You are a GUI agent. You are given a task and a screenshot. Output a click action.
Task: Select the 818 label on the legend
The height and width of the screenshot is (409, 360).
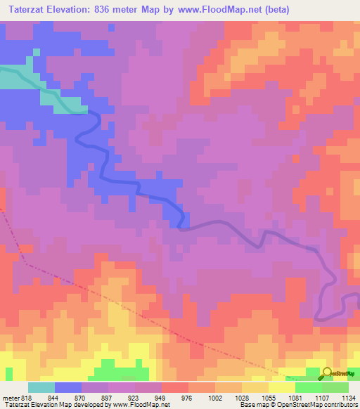pyautogui.click(x=27, y=398)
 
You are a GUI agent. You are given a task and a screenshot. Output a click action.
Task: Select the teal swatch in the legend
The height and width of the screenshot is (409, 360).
pyautogui.click(x=41, y=387)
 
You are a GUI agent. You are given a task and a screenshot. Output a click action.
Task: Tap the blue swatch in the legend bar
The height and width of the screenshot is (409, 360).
pyautogui.click(x=67, y=387)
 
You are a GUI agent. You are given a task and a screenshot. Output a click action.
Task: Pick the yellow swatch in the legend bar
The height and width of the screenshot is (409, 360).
pyautogui.click(x=281, y=387)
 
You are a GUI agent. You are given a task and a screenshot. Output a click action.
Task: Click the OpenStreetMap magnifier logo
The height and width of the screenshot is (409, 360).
pyautogui.click(x=328, y=374)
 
